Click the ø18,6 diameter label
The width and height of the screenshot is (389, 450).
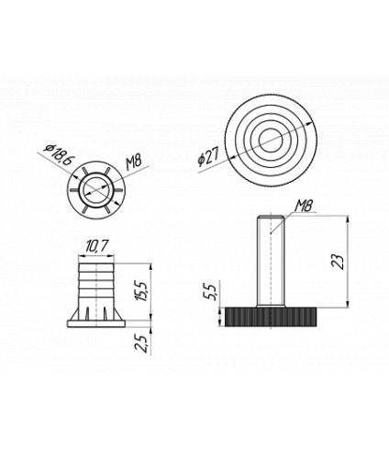[x=59, y=154]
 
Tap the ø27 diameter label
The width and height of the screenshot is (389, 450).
[x=208, y=157]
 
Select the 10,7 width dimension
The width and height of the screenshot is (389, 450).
[x=96, y=246]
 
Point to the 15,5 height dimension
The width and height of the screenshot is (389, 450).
[x=143, y=291]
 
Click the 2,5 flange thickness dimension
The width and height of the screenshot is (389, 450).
[x=141, y=343]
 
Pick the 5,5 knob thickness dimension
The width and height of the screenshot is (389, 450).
[x=210, y=291]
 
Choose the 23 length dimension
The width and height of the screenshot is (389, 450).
[x=339, y=262]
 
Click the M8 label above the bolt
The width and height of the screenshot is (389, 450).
[x=304, y=206]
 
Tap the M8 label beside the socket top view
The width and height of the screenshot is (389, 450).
[x=133, y=163]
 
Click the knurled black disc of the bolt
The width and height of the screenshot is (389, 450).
[x=271, y=317]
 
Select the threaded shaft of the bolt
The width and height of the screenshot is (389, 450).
[x=271, y=261]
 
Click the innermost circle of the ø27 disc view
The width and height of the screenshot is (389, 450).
[x=271, y=140]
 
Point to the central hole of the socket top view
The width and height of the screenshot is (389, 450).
[x=96, y=190]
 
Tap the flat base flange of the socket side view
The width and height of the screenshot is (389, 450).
[x=96, y=323]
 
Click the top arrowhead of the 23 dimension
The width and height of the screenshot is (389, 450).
[x=348, y=219]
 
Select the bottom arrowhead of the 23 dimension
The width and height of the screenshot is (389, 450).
[x=348, y=303]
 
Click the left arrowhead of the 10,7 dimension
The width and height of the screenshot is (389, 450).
[x=82, y=256]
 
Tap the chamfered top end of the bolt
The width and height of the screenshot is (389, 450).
[x=271, y=217]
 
